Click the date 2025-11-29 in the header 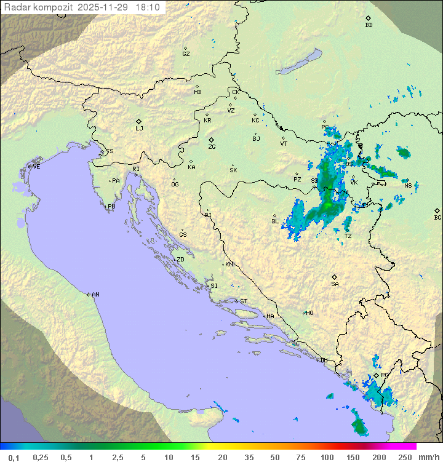click(x=105, y=7)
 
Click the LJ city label click(x=139, y=129)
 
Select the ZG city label click(x=212, y=147)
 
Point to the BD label click(x=369, y=25)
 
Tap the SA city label click(x=335, y=284)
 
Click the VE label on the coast click(x=36, y=167)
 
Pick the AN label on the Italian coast click(x=95, y=295)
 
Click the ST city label click(x=244, y=301)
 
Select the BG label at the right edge click(x=437, y=218)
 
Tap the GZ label click(x=186, y=54)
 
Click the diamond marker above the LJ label click(x=139, y=121)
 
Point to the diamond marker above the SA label click(x=335, y=277)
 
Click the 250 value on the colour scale click(x=404, y=457)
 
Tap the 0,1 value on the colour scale click(x=14, y=457)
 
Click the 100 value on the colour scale click(x=327, y=457)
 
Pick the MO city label click(x=309, y=313)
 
